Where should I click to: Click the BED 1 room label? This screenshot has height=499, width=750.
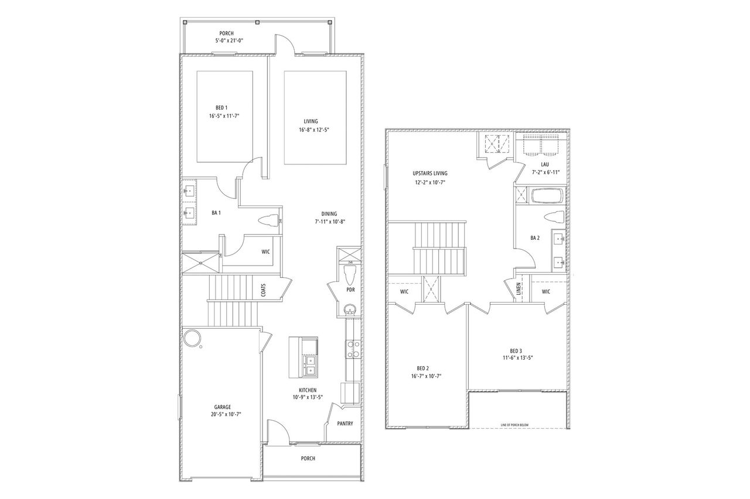(x=221, y=108)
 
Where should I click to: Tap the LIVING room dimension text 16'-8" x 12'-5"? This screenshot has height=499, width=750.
(x=315, y=130)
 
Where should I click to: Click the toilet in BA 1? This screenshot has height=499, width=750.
(x=270, y=221)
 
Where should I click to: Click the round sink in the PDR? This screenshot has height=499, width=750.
(x=350, y=309)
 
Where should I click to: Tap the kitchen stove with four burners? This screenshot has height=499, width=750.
(x=354, y=349)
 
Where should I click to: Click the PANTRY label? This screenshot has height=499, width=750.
(x=345, y=424)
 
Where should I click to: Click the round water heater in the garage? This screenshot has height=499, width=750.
(x=192, y=338)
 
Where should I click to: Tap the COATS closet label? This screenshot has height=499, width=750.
(x=263, y=290)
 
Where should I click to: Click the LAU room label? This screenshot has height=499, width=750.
(x=545, y=164)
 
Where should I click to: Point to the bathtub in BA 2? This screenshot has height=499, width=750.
(x=546, y=196)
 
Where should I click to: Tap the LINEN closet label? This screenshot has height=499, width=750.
(x=519, y=288)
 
